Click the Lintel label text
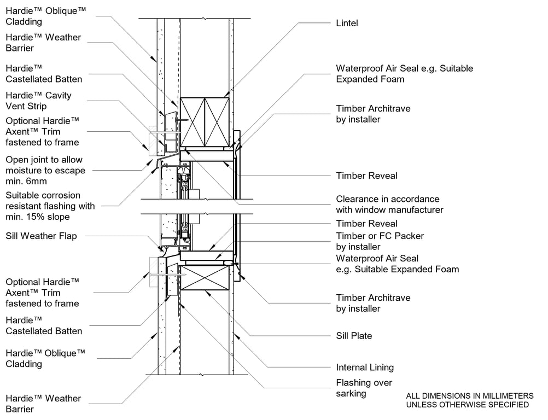coord(347,23)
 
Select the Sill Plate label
coord(354,336)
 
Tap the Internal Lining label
coord(365,367)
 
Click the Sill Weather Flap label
coord(41,236)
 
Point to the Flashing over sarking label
coord(364,388)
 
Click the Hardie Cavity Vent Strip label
coord(38,101)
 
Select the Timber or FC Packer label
coord(380,241)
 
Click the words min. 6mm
coord(26,181)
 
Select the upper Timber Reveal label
coord(366,176)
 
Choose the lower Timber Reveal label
coord(366,223)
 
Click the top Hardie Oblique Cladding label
coord(46,16)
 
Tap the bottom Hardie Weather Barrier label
coord(43,404)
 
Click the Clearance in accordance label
coord(387,204)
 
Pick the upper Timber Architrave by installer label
coord(373,114)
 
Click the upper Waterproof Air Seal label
coord(404,74)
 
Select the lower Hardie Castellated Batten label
coord(44,325)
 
